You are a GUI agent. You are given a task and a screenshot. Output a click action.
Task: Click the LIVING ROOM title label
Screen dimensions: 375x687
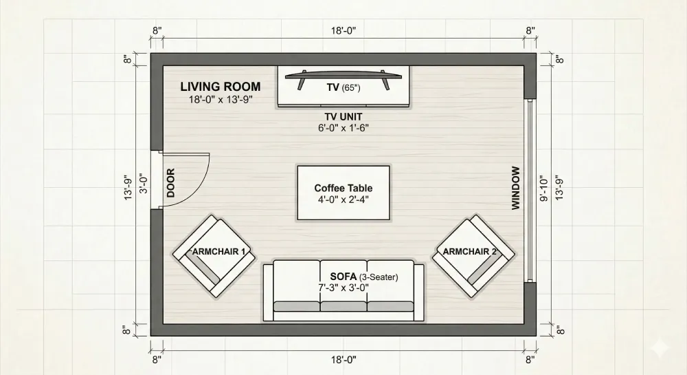tap(220, 87)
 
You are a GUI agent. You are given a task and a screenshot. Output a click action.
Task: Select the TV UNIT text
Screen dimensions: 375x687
tap(343, 116)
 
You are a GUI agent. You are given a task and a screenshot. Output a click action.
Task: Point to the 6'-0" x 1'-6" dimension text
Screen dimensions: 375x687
tap(343, 127)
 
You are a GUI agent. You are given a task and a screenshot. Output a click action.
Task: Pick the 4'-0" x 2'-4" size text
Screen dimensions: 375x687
tap(343, 200)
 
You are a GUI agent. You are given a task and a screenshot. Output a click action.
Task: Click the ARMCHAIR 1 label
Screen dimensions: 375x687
tap(219, 252)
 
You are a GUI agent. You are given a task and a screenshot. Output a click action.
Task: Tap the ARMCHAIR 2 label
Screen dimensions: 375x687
tap(470, 252)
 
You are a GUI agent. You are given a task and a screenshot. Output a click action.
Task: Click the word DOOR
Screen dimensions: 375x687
tap(171, 183)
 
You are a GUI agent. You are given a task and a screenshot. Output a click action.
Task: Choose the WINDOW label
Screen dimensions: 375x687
tap(516, 188)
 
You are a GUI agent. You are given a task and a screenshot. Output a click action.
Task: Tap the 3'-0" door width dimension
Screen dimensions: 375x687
tap(144, 184)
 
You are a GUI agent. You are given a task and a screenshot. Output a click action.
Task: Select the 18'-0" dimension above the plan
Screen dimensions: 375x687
tap(343, 31)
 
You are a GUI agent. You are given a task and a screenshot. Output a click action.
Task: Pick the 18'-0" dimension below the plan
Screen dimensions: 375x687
tap(343, 358)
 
